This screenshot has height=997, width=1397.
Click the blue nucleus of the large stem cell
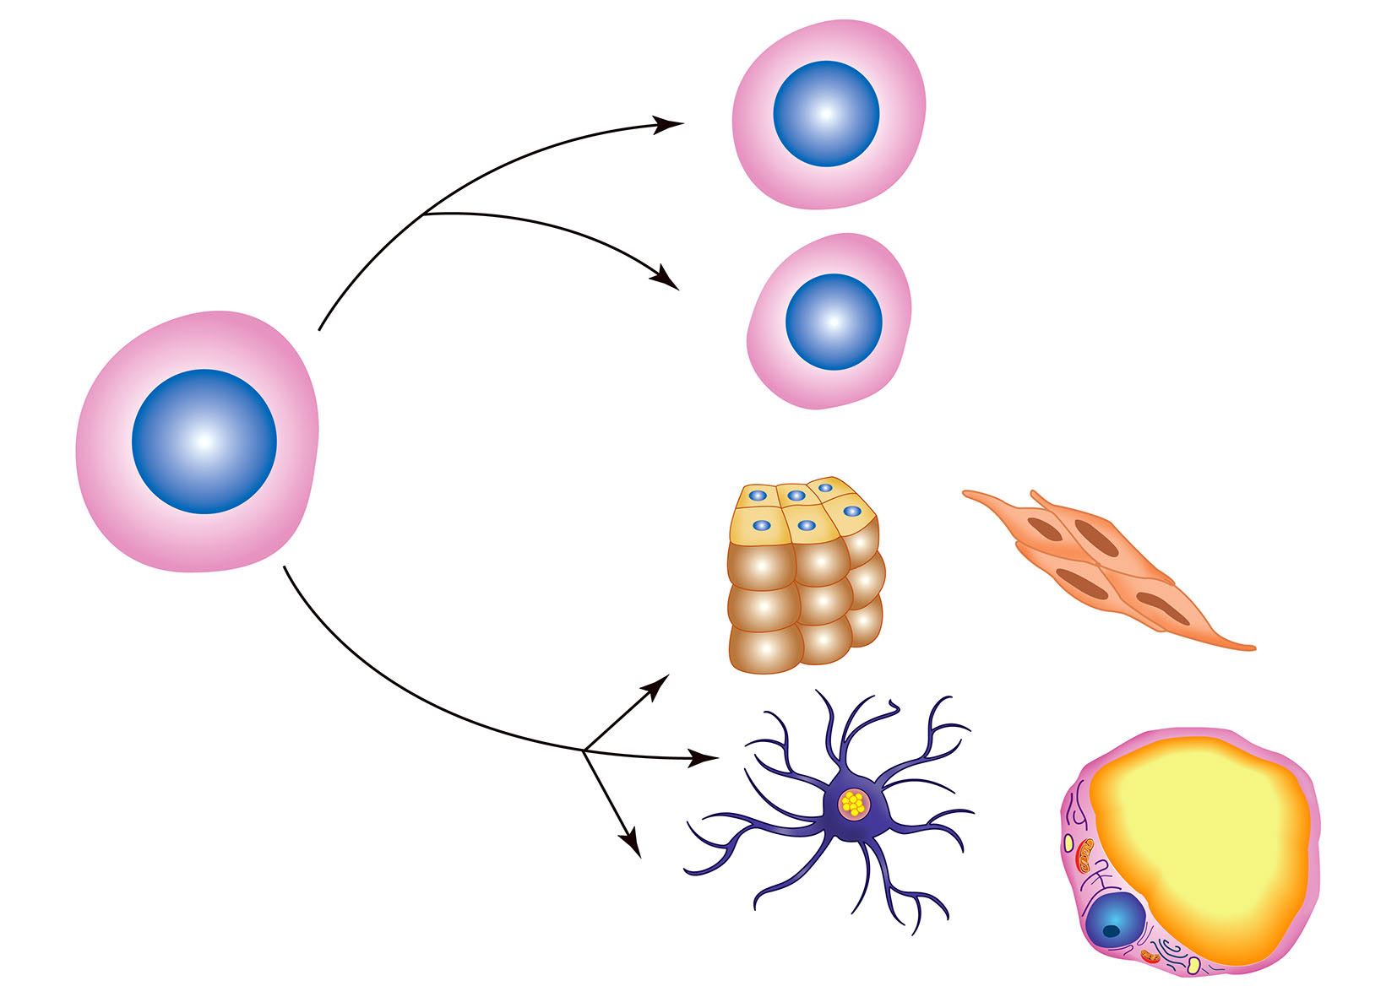point(204,442)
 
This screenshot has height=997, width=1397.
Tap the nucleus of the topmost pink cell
point(826,113)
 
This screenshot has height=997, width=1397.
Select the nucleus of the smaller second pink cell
point(834,322)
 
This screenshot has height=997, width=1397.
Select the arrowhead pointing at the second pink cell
point(669,280)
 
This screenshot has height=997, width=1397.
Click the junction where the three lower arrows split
point(584,750)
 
